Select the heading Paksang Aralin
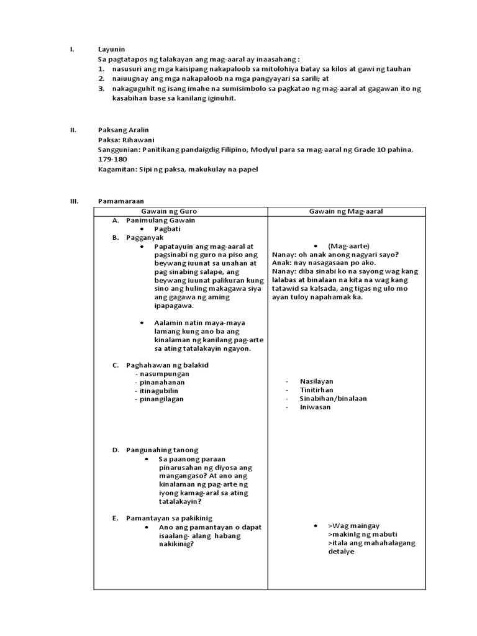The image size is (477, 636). pyautogui.click(x=124, y=130)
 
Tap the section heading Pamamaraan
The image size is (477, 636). pyautogui.click(x=120, y=201)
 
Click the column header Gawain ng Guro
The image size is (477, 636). pyautogui.click(x=180, y=211)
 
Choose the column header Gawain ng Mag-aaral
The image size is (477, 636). pyautogui.click(x=346, y=211)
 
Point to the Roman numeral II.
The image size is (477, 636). pyautogui.click(x=73, y=130)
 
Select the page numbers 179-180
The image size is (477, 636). pyautogui.click(x=111, y=160)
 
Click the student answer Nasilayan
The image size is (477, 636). pyautogui.click(x=317, y=381)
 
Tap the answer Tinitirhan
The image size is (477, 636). pyautogui.click(x=316, y=389)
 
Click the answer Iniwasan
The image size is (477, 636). pyautogui.click(x=315, y=407)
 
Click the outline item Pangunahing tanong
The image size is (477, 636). pyautogui.click(x=162, y=450)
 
